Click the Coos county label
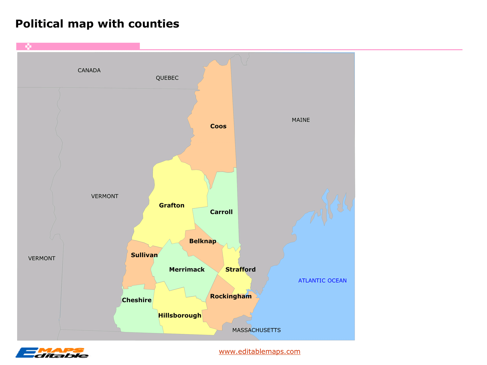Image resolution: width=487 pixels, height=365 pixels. pos(218,126)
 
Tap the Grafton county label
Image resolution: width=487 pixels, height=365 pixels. pos(172,205)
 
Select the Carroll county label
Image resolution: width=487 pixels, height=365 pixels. pos(221,212)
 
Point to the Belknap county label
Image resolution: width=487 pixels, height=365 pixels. pos(203,241)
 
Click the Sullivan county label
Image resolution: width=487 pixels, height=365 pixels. pos(144,255)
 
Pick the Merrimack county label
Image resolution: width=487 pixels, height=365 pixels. pos(187,270)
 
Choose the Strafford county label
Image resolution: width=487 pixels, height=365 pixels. pos(240,270)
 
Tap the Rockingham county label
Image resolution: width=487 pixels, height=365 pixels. pos(231,297)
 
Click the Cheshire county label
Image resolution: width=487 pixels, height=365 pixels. pos(136,300)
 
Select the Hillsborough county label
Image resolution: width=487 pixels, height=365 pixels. pos(180,316)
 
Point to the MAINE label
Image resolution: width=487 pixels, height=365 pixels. pos(301,120)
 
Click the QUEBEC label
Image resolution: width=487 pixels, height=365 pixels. pos(167,78)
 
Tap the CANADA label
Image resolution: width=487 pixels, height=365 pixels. pos(89,70)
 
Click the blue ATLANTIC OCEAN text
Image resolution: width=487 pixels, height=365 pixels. pos(322,281)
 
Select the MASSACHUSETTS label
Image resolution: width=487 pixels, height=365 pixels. pos(256,330)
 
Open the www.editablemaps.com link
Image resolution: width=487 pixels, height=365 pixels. pos(260,351)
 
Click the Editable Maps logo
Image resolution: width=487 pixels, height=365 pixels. pos(52,353)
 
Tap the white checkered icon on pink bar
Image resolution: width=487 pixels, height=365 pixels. pos(28,47)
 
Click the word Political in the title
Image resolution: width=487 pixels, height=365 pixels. pos(39,24)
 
